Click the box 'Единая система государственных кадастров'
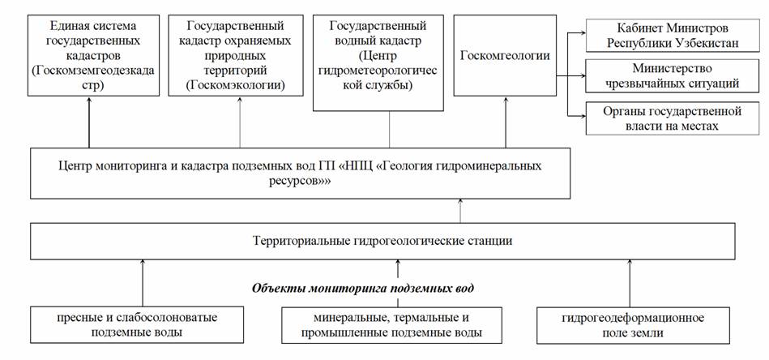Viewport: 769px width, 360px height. (x=94, y=55)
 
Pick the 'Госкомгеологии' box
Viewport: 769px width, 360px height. (x=505, y=55)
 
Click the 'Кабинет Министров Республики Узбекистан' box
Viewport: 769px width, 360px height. (x=673, y=35)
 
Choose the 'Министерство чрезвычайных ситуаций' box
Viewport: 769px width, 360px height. (x=673, y=76)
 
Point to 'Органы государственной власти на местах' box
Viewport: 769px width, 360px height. (x=673, y=118)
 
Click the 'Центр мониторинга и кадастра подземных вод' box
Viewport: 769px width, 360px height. (x=300, y=173)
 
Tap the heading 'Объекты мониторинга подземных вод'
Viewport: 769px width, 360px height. (x=363, y=288)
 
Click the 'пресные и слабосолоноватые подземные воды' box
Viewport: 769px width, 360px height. (x=137, y=324)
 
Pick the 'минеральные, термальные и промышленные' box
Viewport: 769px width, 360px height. (x=391, y=324)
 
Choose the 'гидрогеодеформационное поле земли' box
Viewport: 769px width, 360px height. (x=633, y=324)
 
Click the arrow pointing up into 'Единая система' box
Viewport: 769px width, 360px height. (x=89, y=122)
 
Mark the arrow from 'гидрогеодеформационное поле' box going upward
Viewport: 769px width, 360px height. (x=630, y=283)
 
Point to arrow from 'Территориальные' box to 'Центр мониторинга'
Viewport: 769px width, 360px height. (x=460, y=211)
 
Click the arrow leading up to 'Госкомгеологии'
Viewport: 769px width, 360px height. (x=505, y=122)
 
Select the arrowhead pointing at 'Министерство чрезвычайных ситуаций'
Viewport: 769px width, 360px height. (x=582, y=75)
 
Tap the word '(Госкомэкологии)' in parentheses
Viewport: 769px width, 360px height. (x=236, y=85)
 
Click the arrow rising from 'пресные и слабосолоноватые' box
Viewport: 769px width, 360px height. (x=143, y=283)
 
